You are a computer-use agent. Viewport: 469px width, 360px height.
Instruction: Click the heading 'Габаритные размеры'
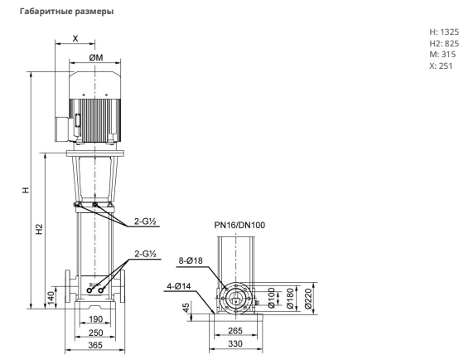coord(66,12)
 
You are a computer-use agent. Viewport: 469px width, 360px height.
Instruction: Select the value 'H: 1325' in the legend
coord(444,32)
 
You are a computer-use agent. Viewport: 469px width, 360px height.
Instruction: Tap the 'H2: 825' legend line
coord(444,43)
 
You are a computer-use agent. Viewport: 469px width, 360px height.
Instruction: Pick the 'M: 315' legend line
coord(442,55)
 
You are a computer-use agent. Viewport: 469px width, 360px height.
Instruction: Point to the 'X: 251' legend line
coord(441,66)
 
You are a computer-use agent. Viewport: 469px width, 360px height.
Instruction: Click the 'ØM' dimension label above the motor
coord(96,57)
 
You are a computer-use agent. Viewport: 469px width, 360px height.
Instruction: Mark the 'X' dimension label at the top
coord(75,38)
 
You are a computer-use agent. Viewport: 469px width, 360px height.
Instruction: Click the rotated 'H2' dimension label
coord(40,229)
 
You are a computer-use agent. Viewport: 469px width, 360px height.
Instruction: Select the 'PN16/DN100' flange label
coord(239,225)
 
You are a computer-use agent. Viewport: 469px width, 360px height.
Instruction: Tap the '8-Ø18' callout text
coord(191,260)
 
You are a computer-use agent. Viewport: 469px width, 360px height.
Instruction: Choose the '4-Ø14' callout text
coord(178,286)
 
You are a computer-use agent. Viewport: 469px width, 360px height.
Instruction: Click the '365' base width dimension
coord(95,345)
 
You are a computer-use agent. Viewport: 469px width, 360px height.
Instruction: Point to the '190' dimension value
coord(95,319)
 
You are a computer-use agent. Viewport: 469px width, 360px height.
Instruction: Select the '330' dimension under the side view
coord(235,344)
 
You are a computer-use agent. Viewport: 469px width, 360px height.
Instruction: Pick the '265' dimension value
coord(235,331)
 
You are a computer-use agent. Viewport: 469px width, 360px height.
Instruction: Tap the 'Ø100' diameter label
coord(271,298)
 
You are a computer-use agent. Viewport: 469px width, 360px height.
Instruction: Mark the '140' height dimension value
coord(51,299)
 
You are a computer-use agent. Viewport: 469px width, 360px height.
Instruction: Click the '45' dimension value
coord(186,308)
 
